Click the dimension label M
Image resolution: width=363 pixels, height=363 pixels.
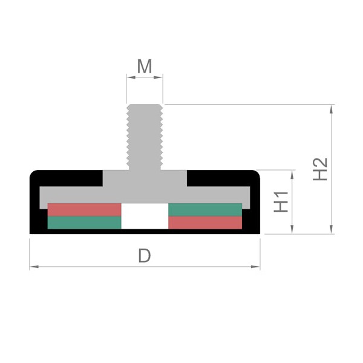pos(145,66)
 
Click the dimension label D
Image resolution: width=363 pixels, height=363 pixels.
pos(145,255)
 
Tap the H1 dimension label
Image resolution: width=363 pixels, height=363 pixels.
pos(281,201)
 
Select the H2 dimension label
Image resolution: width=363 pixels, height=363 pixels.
pos(320,169)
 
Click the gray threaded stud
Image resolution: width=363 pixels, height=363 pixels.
pos(145,137)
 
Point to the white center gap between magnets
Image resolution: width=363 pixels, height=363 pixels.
pos(145,216)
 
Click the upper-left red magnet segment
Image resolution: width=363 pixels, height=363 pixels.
pos(84,210)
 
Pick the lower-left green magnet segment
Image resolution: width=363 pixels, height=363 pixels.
pos(84,223)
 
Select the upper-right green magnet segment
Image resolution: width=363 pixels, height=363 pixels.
pos(205,210)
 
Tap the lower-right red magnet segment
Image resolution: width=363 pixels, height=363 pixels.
pos(205,223)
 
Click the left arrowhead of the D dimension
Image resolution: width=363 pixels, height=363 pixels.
pos(34,267)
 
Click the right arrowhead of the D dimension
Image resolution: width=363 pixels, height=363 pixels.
pos(255,267)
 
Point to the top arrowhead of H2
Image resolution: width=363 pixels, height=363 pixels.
pos(332,109)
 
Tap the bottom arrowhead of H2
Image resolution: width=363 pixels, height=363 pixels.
pos(332,229)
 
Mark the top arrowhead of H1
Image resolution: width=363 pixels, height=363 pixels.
pos(292,175)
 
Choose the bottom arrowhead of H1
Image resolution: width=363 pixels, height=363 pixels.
pos(292,229)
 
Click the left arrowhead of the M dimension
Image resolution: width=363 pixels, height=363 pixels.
pos(131,77)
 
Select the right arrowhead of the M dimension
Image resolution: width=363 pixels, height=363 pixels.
pos(158,77)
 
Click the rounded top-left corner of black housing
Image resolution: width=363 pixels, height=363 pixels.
pos(33,174)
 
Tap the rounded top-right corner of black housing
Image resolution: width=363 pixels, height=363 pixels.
pos(257,174)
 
